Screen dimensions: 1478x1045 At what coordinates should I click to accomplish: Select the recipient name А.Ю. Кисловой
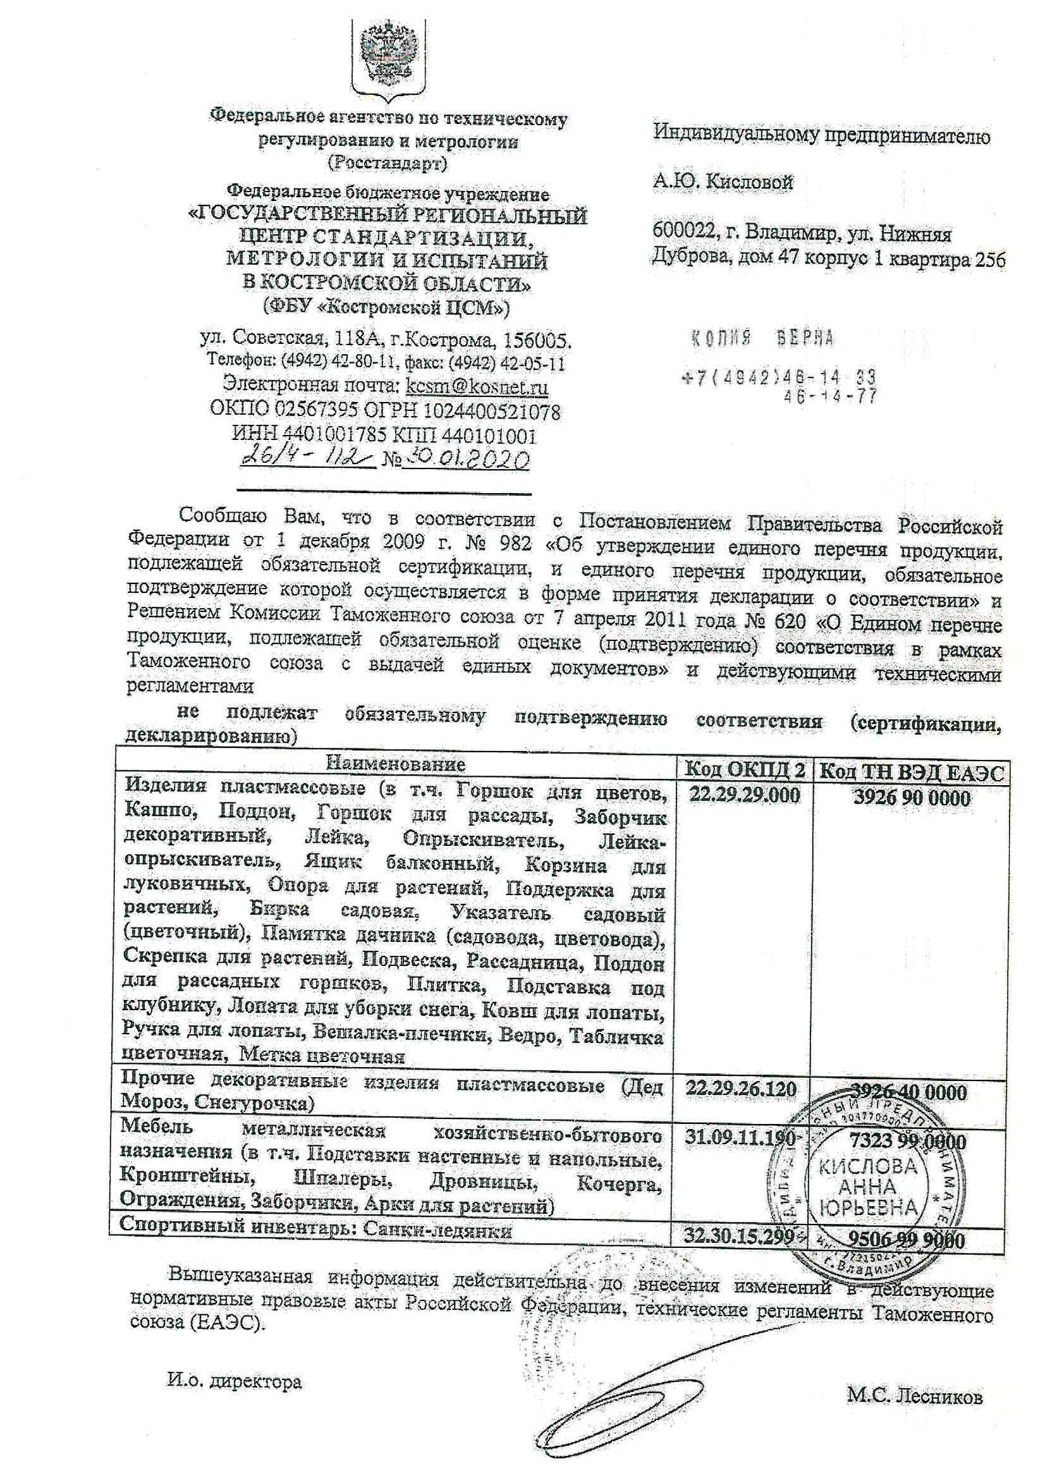tap(723, 183)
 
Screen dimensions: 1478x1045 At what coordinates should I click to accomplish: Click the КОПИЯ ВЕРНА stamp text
tap(763, 338)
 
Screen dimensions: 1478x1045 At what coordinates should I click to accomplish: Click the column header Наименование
tap(396, 764)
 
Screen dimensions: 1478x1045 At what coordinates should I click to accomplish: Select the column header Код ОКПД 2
tap(743, 769)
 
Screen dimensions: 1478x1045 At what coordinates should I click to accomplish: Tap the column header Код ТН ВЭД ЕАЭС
tap(910, 772)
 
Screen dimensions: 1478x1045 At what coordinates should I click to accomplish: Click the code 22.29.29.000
tap(744, 795)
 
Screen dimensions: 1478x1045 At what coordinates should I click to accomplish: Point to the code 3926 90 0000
tap(911, 798)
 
